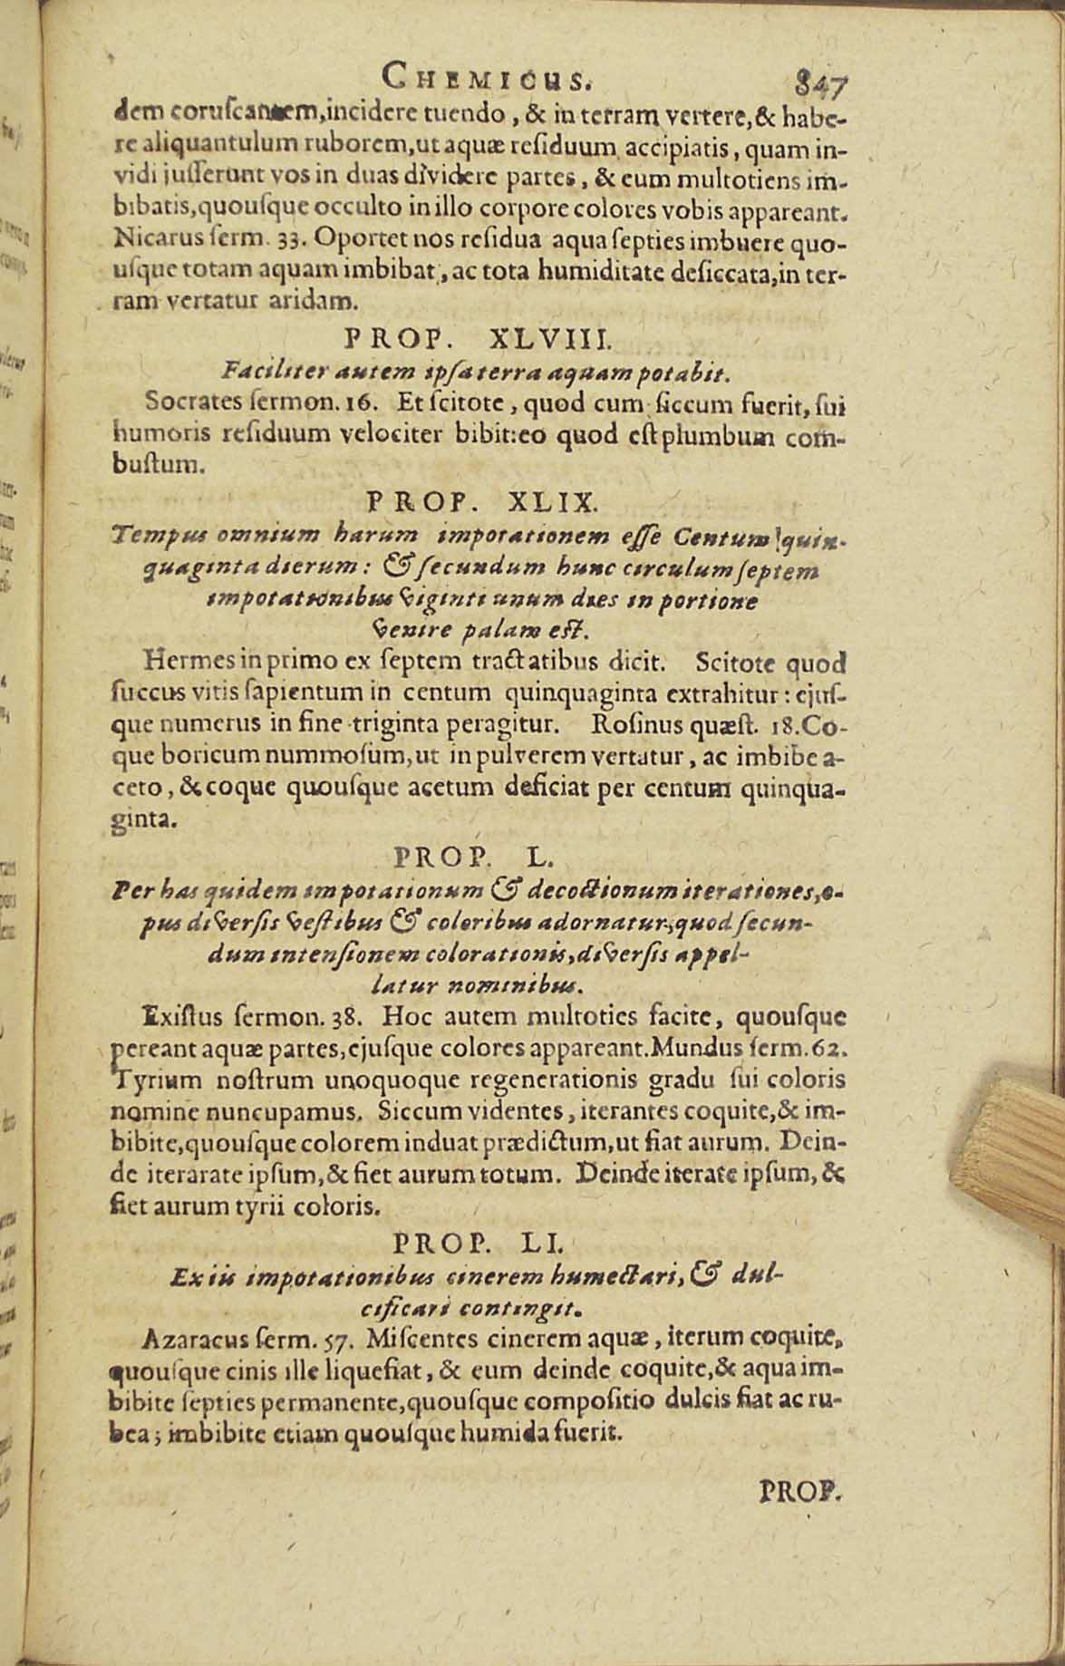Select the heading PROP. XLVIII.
coord(479,340)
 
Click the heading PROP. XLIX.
coord(481,499)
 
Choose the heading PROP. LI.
coord(481,1240)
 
